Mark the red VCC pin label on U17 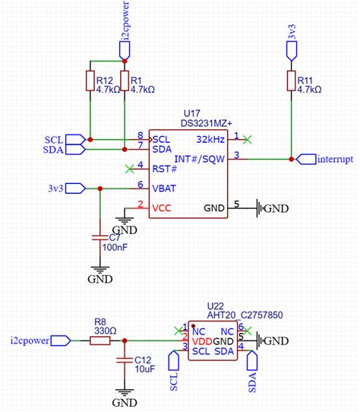(x=163, y=206)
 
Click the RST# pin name (x=165, y=167)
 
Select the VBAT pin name (x=166, y=186)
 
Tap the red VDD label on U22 (x=202, y=341)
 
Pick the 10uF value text (x=146, y=369)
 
